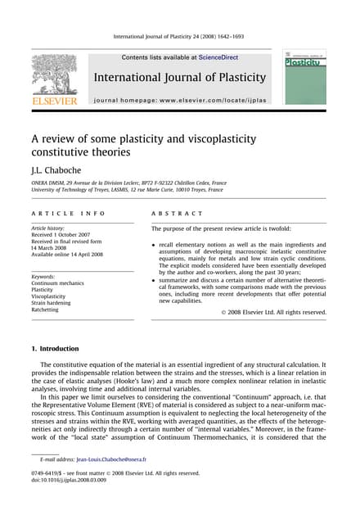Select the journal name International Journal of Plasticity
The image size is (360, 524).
point(180,78)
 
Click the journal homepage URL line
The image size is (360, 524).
point(180,100)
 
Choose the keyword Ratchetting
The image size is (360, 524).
point(48,311)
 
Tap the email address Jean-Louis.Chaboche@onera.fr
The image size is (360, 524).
point(122,460)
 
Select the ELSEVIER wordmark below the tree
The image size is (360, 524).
point(54,101)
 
